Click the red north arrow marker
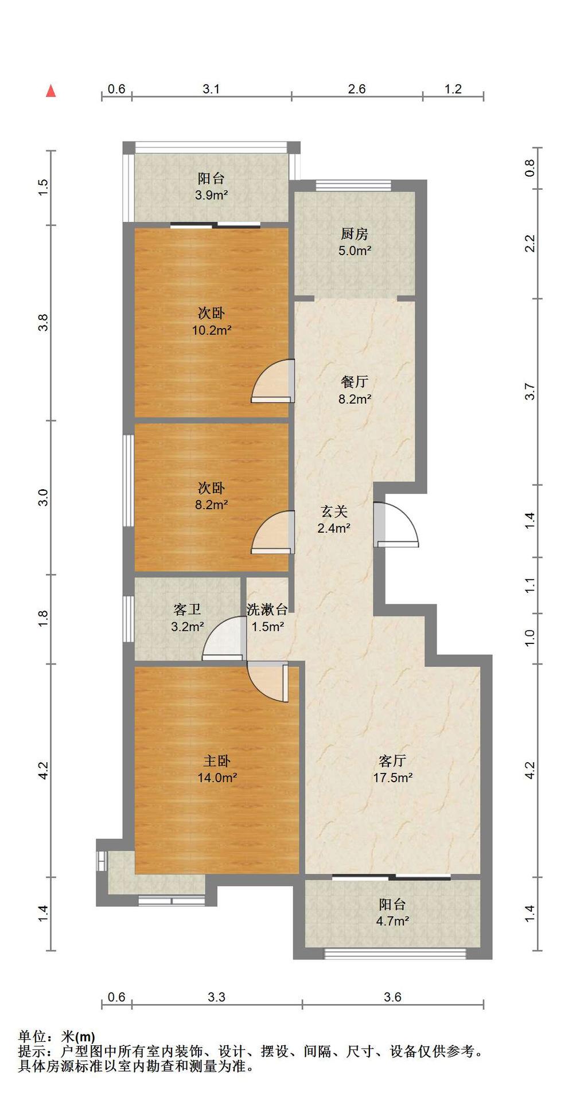point(51,91)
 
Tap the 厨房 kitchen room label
point(355,234)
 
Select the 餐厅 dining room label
point(355,382)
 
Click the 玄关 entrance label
point(334,511)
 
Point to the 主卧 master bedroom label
point(217,761)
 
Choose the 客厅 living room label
point(392,761)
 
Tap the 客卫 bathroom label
point(187,610)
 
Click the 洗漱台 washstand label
point(267,610)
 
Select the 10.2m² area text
point(212,330)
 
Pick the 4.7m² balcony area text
point(392,922)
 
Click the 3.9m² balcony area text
point(212,195)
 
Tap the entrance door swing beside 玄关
point(396,524)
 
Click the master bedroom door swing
point(268,681)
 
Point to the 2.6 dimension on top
point(357,89)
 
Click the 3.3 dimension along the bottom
point(217,997)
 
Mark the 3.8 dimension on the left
point(43,323)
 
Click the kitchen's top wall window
point(353,185)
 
